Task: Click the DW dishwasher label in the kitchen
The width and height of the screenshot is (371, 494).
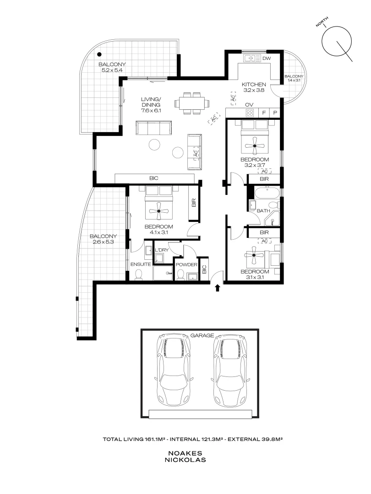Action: [x=267, y=58]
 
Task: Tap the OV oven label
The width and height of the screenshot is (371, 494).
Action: [x=249, y=105]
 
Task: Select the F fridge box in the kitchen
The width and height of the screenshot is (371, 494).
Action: [x=264, y=113]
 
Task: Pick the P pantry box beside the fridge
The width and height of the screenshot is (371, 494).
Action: [x=275, y=113]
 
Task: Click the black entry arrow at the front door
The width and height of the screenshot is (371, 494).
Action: [x=218, y=288]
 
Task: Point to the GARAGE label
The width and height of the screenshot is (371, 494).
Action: [x=202, y=336]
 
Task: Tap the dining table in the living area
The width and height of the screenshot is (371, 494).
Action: [x=192, y=103]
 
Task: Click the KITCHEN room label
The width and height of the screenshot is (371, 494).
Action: [x=254, y=85]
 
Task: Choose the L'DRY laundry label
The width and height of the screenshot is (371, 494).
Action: [x=162, y=250]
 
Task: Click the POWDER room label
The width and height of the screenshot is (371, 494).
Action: [x=186, y=265]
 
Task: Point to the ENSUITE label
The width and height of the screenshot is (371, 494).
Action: [x=141, y=264]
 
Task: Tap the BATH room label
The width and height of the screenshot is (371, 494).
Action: [x=263, y=211]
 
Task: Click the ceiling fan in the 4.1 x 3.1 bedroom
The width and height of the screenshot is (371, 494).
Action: [x=159, y=211]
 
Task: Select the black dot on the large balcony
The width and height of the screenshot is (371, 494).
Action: [x=99, y=54]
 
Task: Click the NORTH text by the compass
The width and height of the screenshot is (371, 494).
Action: [x=322, y=22]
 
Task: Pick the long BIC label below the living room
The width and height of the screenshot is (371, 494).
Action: [x=153, y=178]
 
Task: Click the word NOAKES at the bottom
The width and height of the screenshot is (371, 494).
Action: [x=185, y=453]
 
